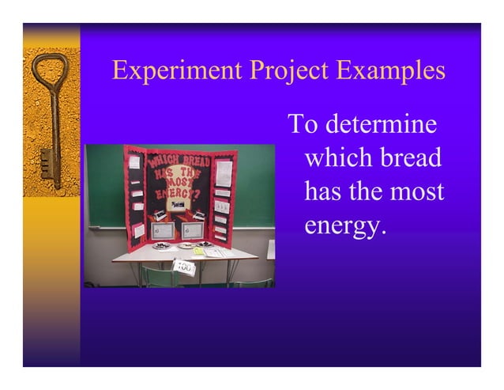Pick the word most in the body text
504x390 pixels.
click(x=416, y=191)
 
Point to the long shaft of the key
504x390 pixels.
click(x=55, y=119)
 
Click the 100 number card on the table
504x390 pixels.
click(x=183, y=267)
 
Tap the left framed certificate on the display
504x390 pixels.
click(x=164, y=230)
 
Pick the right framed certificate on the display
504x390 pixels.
click(x=192, y=230)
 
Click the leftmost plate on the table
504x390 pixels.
click(x=161, y=246)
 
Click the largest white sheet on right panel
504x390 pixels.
click(x=224, y=173)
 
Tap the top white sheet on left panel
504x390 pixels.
click(x=134, y=162)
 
